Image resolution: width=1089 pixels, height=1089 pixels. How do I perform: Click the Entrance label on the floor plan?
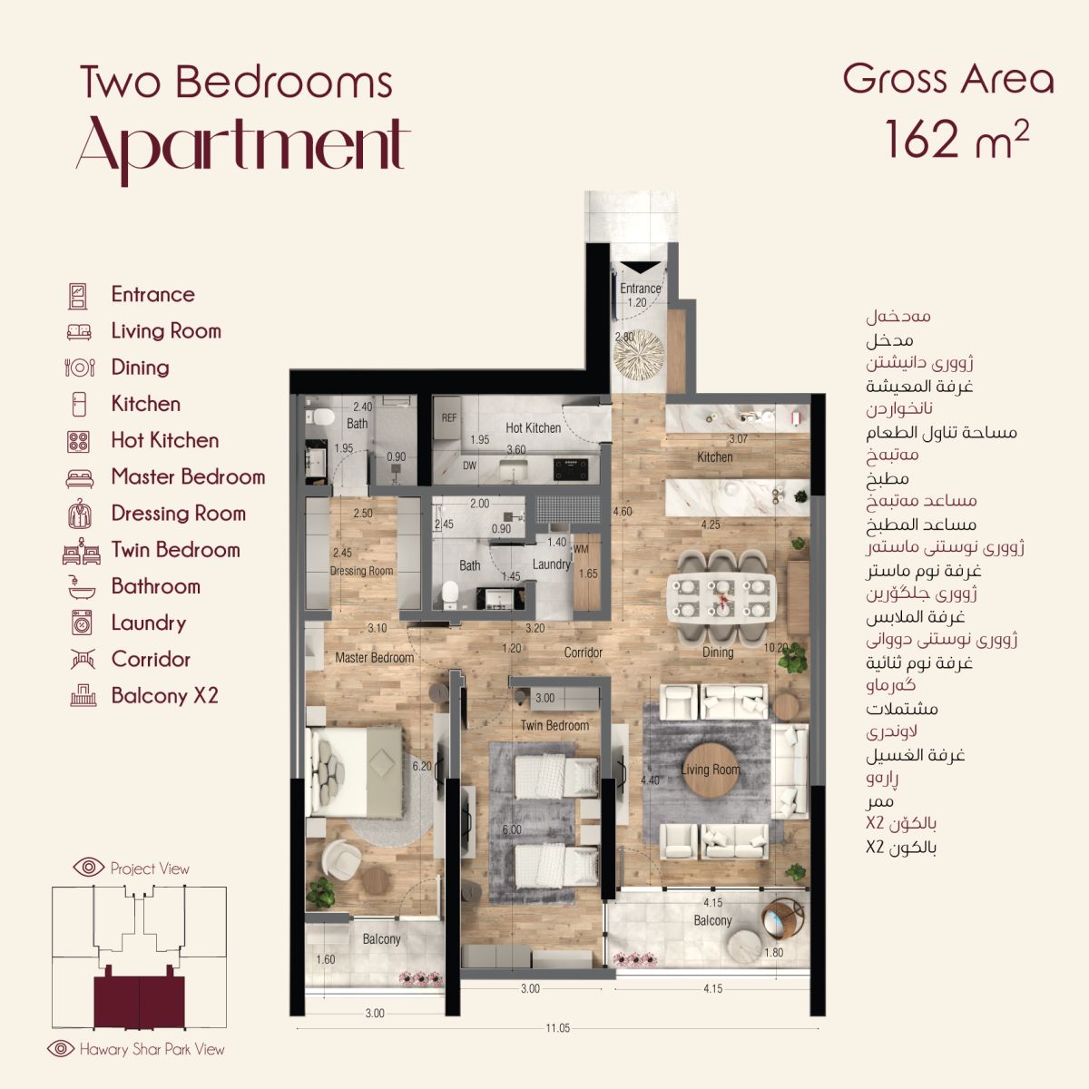640,289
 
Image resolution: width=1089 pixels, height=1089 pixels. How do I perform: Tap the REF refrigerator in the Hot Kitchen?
448,417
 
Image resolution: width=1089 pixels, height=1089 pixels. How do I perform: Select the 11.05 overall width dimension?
557,1028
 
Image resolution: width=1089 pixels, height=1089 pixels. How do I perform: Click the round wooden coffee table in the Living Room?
711,770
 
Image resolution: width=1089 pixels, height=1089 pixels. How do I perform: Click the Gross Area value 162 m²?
957,139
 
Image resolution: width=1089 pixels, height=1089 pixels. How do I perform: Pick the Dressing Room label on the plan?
361,571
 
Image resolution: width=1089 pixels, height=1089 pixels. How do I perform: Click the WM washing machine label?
581,549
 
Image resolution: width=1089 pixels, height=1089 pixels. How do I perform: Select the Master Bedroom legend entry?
188,476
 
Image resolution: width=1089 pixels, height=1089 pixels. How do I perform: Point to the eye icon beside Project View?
89,867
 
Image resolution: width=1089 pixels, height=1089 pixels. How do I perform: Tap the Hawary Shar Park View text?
152,1049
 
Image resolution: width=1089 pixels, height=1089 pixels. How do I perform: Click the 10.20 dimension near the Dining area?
775,648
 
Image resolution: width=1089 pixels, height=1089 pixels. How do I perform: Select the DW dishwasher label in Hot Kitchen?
469,466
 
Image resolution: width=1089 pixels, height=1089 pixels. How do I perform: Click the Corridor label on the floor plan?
584,652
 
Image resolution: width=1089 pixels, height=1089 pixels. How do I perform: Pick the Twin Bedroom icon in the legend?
82,551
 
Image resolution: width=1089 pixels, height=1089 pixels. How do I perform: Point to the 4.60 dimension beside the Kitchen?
623,512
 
